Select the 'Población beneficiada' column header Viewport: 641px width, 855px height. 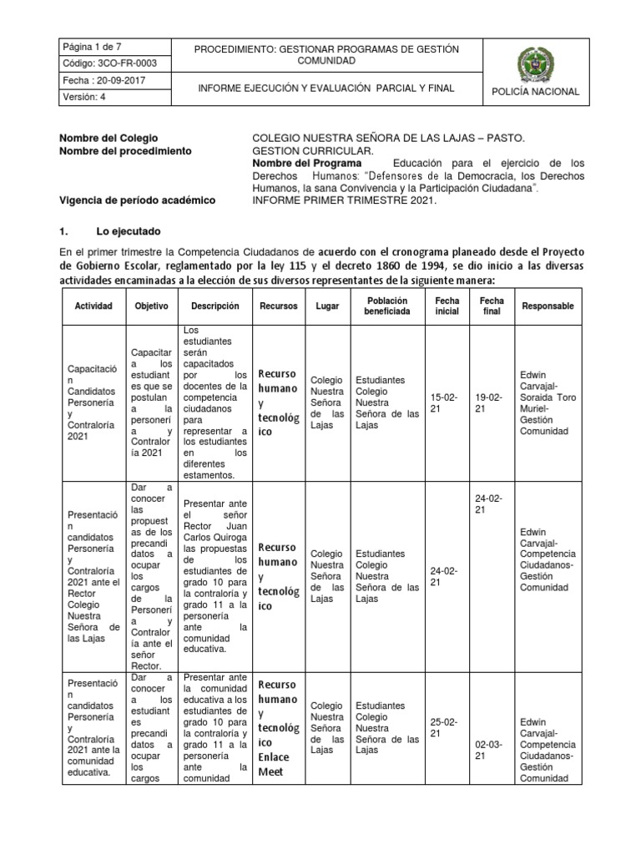[x=386, y=306]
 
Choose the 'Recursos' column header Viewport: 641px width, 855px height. [x=278, y=306]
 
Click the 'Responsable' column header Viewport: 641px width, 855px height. [x=548, y=306]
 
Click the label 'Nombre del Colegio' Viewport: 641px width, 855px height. [x=109, y=138]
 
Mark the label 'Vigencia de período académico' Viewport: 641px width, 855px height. [x=138, y=201]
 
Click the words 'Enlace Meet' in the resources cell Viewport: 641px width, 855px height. [x=274, y=764]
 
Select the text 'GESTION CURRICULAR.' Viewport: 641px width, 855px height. [x=308, y=150]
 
